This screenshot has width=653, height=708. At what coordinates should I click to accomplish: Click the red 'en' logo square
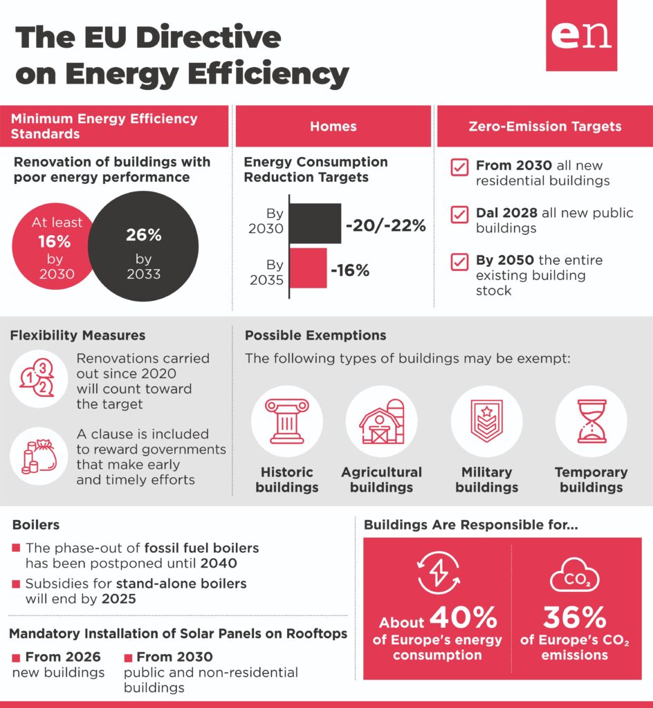[581, 35]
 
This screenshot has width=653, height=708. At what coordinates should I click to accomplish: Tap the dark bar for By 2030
[315, 223]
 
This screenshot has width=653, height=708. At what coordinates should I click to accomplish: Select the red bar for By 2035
[308, 268]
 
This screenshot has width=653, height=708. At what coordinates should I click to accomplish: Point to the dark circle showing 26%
[144, 246]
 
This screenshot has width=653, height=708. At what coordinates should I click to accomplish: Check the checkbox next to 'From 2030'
[459, 167]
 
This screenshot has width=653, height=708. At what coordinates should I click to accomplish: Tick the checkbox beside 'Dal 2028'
[459, 214]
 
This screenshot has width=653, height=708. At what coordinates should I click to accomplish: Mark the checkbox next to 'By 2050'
[459, 262]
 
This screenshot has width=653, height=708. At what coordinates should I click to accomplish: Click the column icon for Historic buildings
[287, 421]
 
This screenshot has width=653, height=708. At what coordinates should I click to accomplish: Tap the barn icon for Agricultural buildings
[382, 421]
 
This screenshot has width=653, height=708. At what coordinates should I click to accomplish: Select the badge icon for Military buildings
[486, 420]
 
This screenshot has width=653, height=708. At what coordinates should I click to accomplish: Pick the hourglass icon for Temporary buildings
[591, 421]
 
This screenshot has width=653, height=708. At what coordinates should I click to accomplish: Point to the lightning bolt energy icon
[438, 573]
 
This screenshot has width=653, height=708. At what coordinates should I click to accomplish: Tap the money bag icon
[39, 456]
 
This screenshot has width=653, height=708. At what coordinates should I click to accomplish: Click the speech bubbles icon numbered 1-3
[37, 378]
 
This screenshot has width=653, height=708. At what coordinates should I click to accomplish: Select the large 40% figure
[463, 617]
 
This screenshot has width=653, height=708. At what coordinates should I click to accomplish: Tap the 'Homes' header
[333, 127]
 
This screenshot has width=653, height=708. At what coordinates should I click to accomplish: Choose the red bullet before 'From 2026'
[17, 657]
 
